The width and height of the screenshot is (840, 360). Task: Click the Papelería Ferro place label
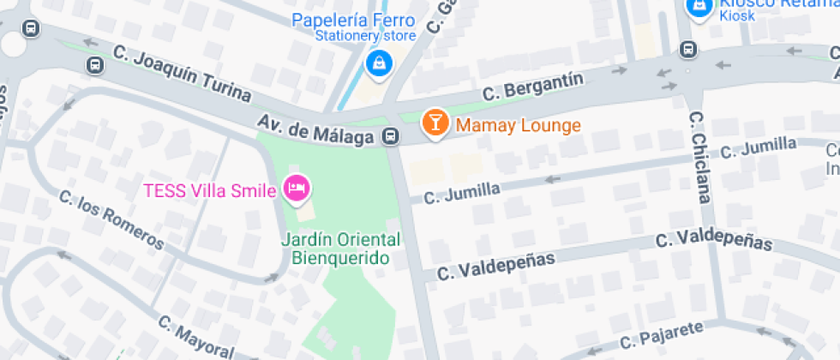pos(353,21)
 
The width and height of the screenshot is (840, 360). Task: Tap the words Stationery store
pos(365,36)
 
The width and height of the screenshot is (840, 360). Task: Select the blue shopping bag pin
pos(377,62)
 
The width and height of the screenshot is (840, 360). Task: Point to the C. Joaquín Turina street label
pos(182,74)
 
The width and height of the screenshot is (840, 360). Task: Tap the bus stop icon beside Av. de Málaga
pos(390,135)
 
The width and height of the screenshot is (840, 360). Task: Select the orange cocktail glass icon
pos(435,123)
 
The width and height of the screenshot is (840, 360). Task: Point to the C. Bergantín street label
pos(533,87)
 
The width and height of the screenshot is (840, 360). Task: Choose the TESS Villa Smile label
pos(208,189)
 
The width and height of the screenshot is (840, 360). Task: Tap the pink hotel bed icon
pos(296,189)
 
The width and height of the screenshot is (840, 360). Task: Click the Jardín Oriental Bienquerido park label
pos(340,247)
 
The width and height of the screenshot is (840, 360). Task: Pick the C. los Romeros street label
pos(111,219)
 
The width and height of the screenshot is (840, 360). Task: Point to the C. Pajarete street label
pos(662,336)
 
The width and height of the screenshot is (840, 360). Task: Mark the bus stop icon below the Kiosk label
pos(687,49)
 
